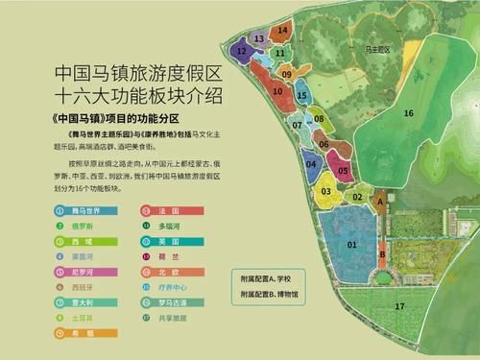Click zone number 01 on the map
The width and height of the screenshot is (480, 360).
tap(351, 245)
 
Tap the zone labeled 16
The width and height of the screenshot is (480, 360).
tap(408, 113)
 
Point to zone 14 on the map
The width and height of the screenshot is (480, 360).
tap(282, 31)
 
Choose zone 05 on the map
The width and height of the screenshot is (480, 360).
tap(343, 170)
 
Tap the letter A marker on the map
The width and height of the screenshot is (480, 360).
tap(380, 202)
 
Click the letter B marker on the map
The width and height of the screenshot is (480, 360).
tap(382, 253)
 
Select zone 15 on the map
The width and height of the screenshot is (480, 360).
tap(301, 96)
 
